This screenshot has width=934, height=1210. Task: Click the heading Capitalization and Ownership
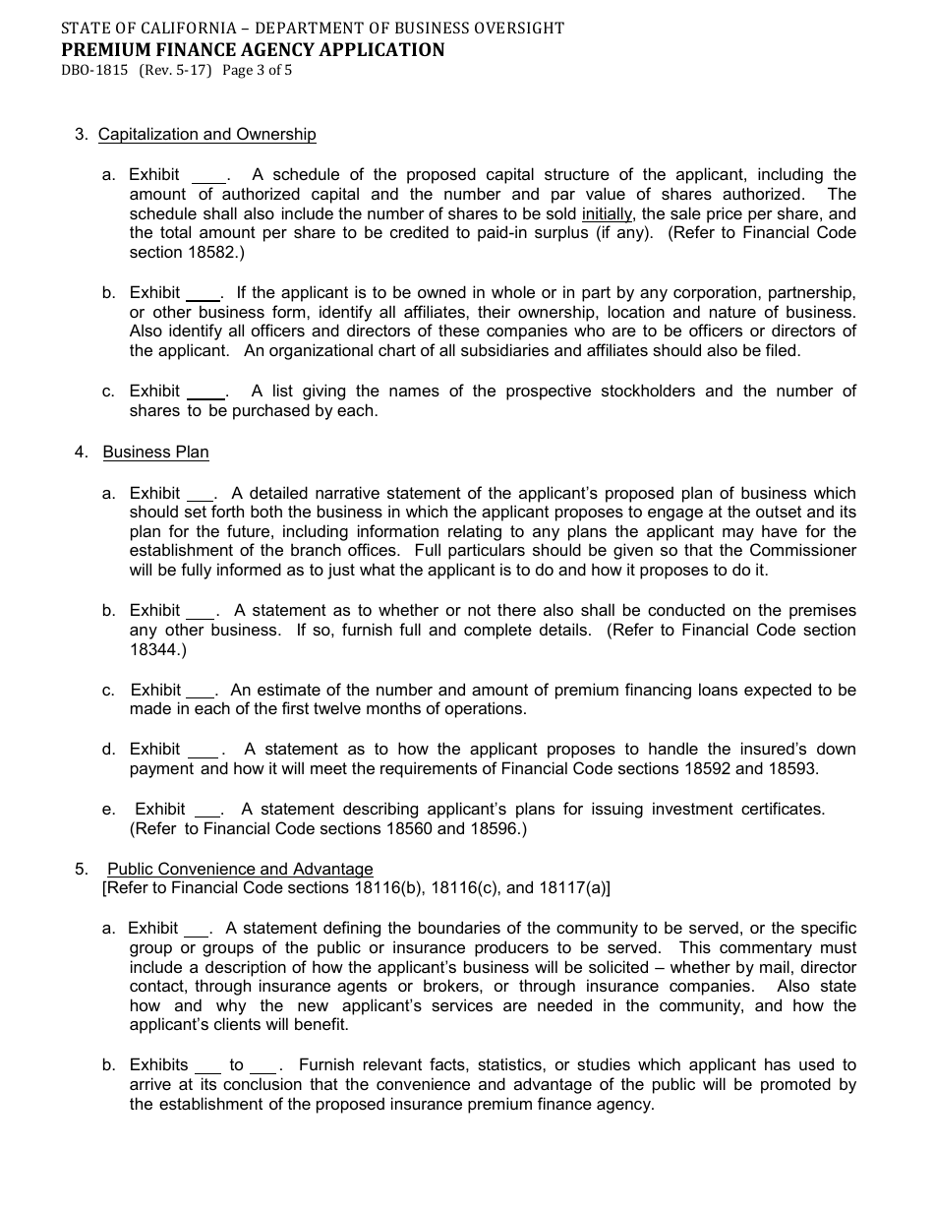207,135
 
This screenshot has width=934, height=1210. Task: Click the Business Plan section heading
155,453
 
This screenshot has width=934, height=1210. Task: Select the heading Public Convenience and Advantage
240,870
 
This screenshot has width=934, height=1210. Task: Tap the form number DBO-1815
94,71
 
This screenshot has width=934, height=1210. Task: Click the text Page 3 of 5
258,71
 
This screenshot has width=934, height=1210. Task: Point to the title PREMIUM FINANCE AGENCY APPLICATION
253,50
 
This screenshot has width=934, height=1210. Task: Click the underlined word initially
607,214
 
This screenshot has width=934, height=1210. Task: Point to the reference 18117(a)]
571,888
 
